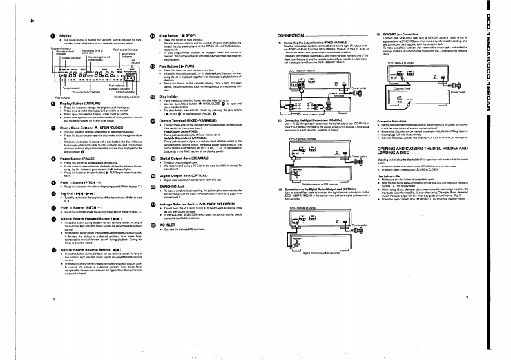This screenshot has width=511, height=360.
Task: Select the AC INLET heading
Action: click(170, 224)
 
